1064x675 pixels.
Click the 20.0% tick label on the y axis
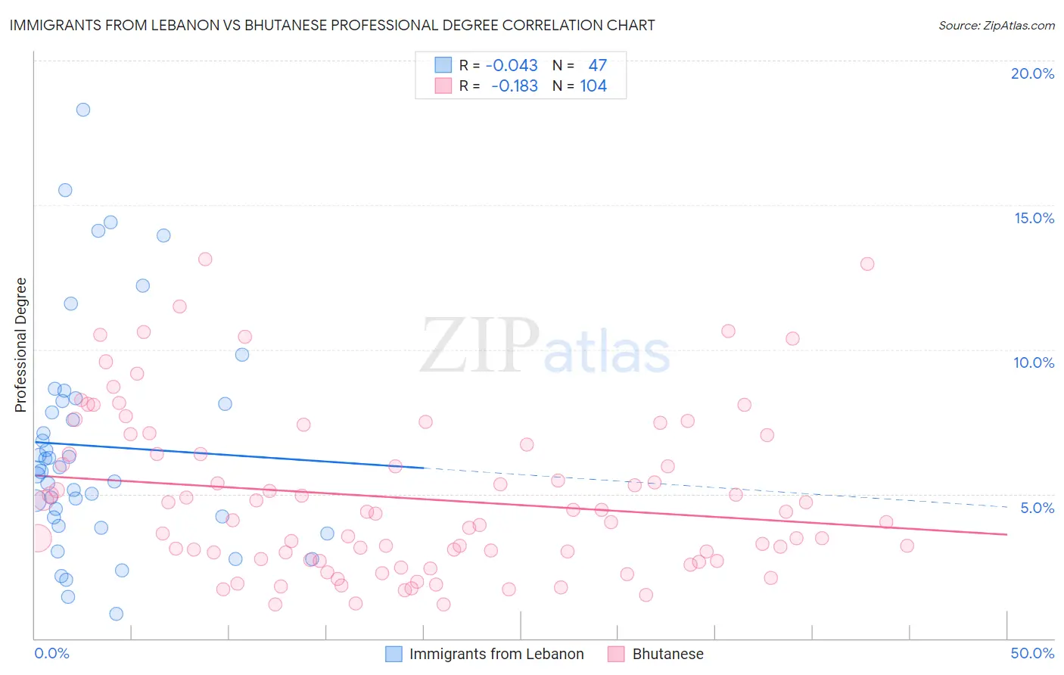tap(1032, 73)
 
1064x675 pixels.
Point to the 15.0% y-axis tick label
tap(1034, 218)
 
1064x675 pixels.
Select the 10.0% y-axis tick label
tap(1034, 362)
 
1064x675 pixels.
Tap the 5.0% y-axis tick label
tap(1037, 508)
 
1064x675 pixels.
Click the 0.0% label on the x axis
tap(51, 653)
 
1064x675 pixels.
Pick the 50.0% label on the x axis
tap(1032, 653)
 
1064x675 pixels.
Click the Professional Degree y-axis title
tap(20, 345)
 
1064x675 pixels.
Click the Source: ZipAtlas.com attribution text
tap(996, 25)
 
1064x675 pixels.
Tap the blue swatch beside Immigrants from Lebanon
tap(394, 654)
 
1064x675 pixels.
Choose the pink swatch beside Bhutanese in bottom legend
tap(616, 654)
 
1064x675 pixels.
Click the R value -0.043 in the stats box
tap(512, 66)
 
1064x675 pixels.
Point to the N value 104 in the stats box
tap(593, 86)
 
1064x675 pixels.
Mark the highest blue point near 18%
tap(83, 110)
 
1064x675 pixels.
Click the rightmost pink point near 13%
tap(867, 264)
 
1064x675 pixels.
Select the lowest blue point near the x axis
tap(117, 614)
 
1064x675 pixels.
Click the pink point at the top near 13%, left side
tap(205, 259)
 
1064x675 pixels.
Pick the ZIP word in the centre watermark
tap(480, 346)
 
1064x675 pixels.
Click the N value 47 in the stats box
tap(597, 66)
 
